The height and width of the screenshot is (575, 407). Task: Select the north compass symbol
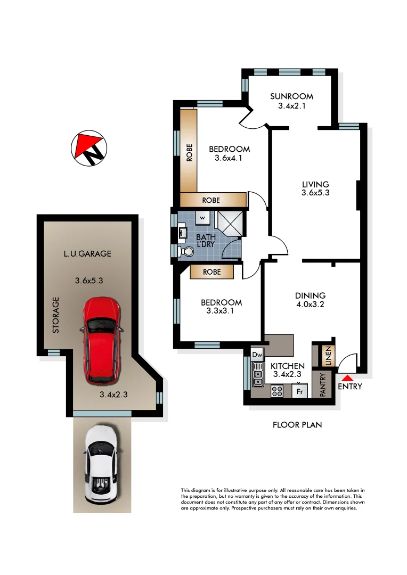click(x=88, y=148)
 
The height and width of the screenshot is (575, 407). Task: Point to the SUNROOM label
click(x=291, y=96)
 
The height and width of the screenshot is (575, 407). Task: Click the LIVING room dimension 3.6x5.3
click(x=315, y=193)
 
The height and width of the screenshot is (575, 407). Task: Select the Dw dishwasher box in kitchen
click(x=258, y=355)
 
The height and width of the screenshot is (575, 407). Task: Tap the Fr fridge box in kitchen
click(x=299, y=391)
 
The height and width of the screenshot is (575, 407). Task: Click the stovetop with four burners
click(x=278, y=391)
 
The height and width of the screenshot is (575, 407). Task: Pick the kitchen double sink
click(x=258, y=373)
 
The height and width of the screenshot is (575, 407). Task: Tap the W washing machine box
click(x=203, y=218)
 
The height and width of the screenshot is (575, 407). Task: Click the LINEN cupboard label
click(x=322, y=355)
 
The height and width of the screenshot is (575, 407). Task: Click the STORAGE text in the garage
click(x=55, y=315)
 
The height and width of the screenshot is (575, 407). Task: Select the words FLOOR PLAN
click(x=297, y=425)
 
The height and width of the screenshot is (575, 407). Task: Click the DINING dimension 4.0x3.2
click(x=311, y=305)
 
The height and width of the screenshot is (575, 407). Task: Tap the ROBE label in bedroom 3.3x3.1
click(x=213, y=272)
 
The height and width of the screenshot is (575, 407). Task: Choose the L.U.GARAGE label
click(x=88, y=254)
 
